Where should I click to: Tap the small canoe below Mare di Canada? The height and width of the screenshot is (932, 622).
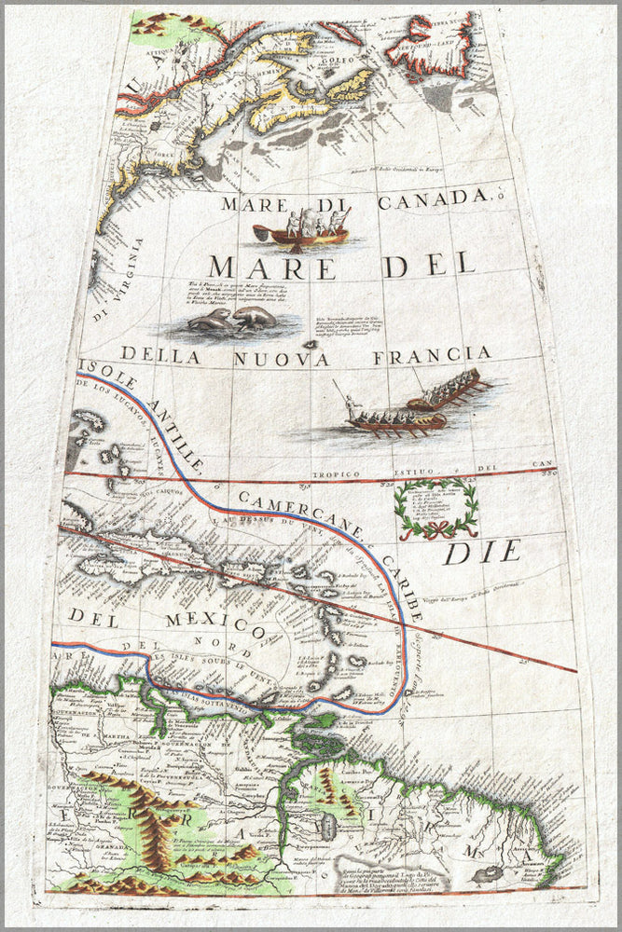pyautogui.click(x=301, y=233)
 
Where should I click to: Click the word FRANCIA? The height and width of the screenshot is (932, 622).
pyautogui.click(x=432, y=355)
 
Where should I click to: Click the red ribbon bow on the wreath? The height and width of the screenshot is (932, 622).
pyautogui.click(x=436, y=532)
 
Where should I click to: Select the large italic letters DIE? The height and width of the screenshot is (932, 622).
pyautogui.click(x=481, y=552)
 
